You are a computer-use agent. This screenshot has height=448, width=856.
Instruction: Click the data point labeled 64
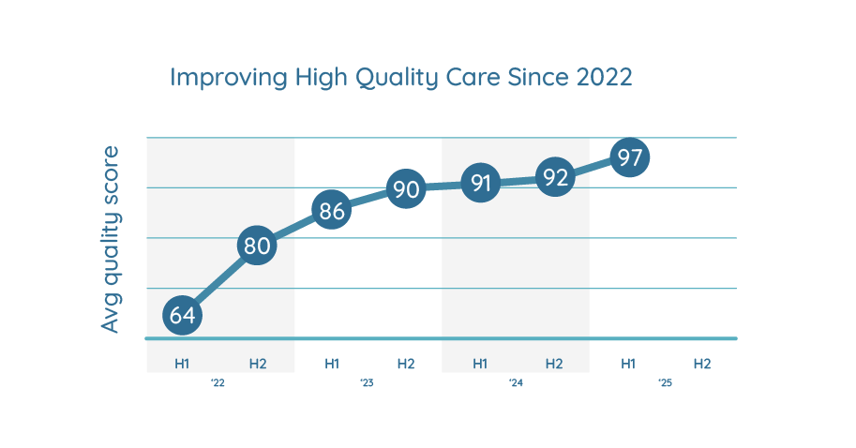pyautogui.click(x=183, y=315)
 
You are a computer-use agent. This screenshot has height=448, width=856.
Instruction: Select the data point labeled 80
pyautogui.click(x=257, y=246)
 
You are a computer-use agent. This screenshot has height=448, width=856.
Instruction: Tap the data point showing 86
pyautogui.click(x=332, y=211)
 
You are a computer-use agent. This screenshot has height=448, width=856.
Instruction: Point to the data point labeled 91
pyautogui.click(x=480, y=183)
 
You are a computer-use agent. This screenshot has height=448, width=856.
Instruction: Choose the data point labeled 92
pyautogui.click(x=555, y=177)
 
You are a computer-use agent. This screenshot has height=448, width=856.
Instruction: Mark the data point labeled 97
pyautogui.click(x=629, y=157)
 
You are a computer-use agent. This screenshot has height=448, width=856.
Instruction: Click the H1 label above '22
pyautogui.click(x=183, y=363)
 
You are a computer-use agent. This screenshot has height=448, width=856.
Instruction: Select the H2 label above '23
pyautogui.click(x=406, y=363)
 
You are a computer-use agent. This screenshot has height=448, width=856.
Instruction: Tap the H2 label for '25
pyautogui.click(x=702, y=363)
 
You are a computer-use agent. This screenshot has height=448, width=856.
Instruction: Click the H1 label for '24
pyautogui.click(x=480, y=363)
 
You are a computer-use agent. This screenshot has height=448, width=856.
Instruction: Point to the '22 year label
pyautogui.click(x=218, y=383)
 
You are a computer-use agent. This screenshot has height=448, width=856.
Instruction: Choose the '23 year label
pyautogui.click(x=368, y=383)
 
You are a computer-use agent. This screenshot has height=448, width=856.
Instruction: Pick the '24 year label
pyautogui.click(x=516, y=383)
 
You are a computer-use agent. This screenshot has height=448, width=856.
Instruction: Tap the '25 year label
pyautogui.click(x=665, y=383)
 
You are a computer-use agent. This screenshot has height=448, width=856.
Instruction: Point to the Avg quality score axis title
pyautogui.click(x=112, y=239)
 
